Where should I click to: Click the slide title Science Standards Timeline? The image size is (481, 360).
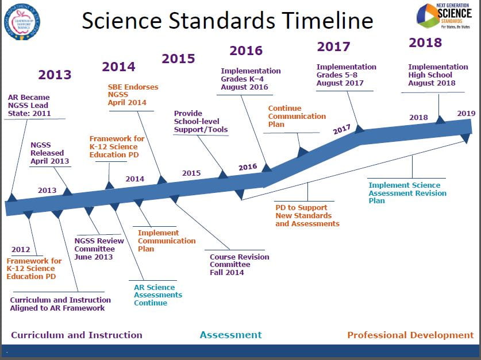(x=227, y=21)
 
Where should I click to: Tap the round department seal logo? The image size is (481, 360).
(x=21, y=21)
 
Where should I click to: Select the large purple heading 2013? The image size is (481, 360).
(x=55, y=75)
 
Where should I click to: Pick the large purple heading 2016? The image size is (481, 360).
(x=246, y=51)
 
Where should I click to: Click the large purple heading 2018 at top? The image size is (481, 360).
(x=425, y=42)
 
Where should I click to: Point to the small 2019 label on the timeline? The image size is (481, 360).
(x=466, y=113)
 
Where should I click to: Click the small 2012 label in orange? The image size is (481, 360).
(x=21, y=249)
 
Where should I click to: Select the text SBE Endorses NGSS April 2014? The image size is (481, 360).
(x=133, y=95)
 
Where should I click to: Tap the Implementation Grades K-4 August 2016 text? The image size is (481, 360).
(x=251, y=79)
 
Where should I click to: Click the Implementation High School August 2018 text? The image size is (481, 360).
(x=438, y=75)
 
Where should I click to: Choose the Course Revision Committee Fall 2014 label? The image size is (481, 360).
(x=239, y=265)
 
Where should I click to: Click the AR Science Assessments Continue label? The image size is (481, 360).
(x=158, y=295)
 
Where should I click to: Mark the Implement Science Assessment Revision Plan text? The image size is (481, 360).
(x=407, y=193)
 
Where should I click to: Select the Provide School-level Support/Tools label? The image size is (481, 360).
(x=201, y=122)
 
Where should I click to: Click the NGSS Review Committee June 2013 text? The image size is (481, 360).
(x=95, y=249)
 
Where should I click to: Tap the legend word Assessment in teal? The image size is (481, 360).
(x=230, y=335)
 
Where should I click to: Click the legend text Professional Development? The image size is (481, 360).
(x=410, y=335)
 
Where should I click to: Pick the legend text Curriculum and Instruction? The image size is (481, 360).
(x=76, y=335)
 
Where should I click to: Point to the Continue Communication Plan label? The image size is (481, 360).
(x=297, y=116)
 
